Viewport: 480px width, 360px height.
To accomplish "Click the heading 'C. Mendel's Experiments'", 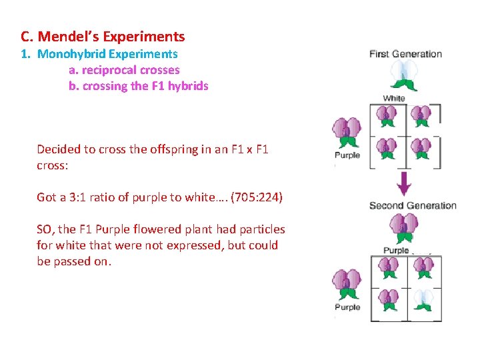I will coord(103,37).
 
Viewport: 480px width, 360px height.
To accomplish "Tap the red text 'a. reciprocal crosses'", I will coord(124,70).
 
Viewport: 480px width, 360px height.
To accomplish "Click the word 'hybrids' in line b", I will coord(189,86).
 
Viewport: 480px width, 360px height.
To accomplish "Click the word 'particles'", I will coord(261,229).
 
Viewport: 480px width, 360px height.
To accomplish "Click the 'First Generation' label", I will coord(405,54).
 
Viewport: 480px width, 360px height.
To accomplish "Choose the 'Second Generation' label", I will coord(413,205).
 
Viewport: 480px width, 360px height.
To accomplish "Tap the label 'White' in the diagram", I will coord(394,99).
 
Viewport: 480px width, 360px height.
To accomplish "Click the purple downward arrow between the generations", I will coord(404,182).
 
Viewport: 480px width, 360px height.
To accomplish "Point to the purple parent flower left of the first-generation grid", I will coord(347,133).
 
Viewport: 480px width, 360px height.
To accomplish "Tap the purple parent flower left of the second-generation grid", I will coord(347,285).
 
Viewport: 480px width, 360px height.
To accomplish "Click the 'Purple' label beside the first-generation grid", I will coord(347,155).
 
